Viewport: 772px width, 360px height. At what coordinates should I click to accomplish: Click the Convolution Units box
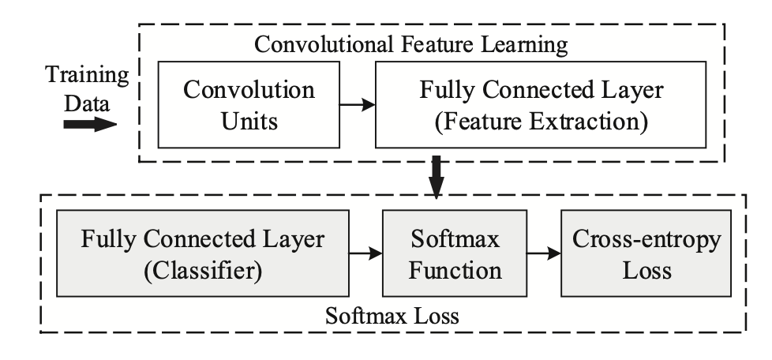click(248, 107)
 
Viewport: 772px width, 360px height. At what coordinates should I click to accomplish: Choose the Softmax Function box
click(455, 253)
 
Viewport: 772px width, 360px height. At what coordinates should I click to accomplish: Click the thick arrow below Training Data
click(88, 125)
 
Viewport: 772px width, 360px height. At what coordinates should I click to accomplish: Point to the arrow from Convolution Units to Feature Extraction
click(356, 104)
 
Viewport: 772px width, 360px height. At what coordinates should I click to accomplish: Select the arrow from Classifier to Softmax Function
click(364, 253)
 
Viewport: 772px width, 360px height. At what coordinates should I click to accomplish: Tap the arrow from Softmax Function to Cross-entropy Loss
click(544, 253)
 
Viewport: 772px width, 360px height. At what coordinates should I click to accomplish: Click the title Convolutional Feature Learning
click(410, 45)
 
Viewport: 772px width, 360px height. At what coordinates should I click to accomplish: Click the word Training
click(86, 77)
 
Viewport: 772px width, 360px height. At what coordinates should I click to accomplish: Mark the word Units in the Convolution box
click(249, 122)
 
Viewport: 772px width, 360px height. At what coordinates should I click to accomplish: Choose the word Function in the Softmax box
click(455, 270)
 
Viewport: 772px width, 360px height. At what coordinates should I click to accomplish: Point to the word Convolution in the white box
click(249, 89)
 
